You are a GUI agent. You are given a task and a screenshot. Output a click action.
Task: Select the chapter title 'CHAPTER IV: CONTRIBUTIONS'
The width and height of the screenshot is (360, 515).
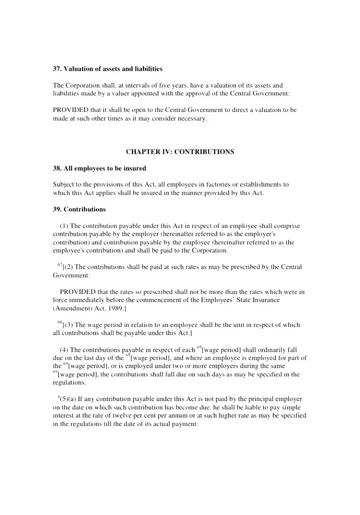[x=180, y=152]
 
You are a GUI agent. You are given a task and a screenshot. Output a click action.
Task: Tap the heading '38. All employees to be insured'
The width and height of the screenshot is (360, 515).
[x=99, y=168]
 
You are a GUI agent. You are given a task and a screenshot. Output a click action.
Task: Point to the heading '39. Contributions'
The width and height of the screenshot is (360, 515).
[x=79, y=209]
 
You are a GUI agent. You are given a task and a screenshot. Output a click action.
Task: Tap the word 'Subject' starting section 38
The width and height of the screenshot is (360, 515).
[x=64, y=184]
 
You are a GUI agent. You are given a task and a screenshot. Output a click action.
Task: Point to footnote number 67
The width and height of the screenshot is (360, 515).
[x=60, y=264]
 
